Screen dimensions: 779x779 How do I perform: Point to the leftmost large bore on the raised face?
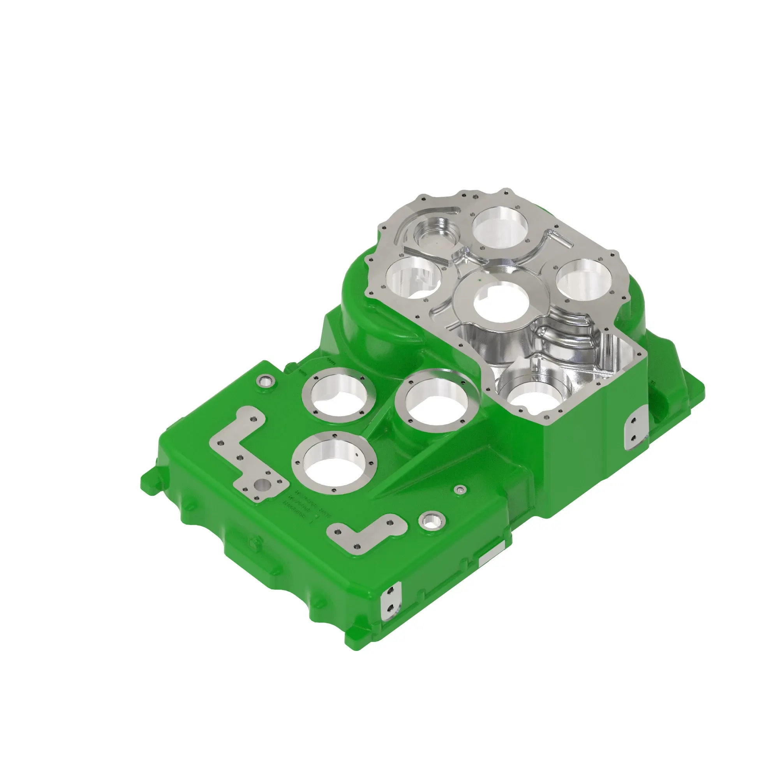(412, 278)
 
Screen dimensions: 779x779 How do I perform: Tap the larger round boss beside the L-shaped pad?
(432, 521)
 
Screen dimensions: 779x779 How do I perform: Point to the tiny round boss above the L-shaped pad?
(460, 490)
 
